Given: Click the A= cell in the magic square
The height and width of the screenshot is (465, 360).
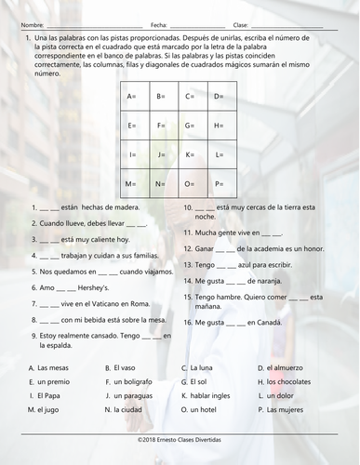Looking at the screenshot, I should tap(135, 97).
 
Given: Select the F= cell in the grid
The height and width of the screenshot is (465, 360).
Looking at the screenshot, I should tap(163, 126).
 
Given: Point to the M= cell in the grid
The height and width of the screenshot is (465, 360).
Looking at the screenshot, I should tap(135, 185).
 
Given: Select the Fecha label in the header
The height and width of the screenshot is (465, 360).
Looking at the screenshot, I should tap(159, 24).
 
